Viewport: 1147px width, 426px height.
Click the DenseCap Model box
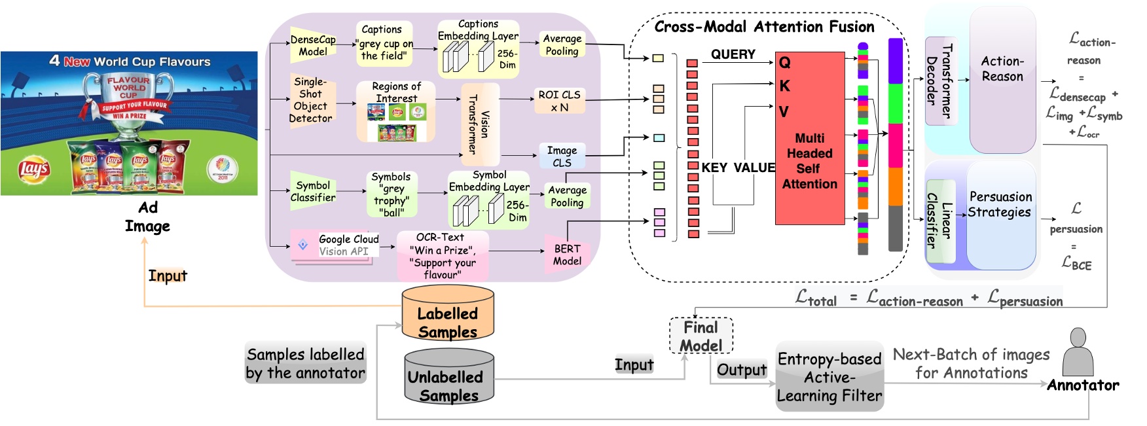tap(313, 45)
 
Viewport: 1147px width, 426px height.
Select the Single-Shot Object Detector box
tap(311, 100)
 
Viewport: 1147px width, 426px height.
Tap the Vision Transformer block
tap(480, 124)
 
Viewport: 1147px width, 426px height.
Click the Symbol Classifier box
tap(313, 191)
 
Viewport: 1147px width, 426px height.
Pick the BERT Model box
tap(567, 255)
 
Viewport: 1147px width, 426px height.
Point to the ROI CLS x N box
tap(560, 101)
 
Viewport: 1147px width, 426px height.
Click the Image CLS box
tap(562, 156)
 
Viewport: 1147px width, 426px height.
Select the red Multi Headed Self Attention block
tap(809, 139)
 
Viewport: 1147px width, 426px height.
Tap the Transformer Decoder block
tap(940, 81)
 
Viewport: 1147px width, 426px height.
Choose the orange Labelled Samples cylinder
tap(448, 314)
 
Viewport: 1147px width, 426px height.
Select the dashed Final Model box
tap(701, 336)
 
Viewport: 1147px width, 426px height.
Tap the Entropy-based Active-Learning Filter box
tap(829, 377)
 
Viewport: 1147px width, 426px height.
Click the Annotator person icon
tap(1078, 353)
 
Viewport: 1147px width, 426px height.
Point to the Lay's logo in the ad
tap(34, 169)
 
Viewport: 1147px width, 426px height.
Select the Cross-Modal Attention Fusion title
tap(764, 27)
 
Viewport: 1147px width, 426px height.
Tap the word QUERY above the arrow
tap(733, 54)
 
